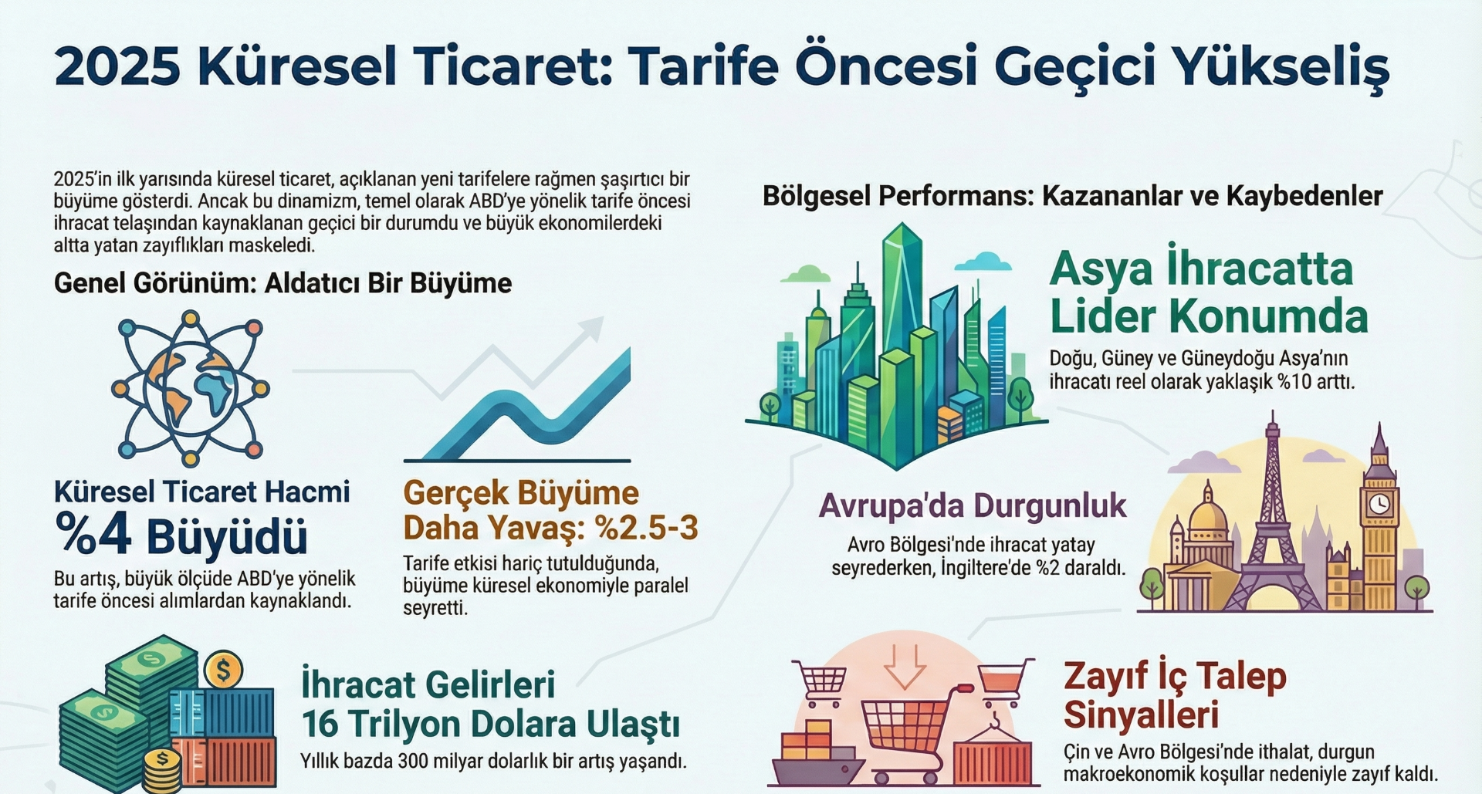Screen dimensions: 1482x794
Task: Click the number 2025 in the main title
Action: tap(117, 66)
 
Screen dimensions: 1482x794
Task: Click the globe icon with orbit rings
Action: tap(190, 388)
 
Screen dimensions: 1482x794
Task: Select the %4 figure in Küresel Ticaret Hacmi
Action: tap(93, 536)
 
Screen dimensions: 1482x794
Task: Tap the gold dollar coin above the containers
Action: tap(224, 670)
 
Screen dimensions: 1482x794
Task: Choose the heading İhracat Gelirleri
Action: tap(428, 684)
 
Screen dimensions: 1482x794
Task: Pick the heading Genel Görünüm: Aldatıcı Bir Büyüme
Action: tap(283, 283)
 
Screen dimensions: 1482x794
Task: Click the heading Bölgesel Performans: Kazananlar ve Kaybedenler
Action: tap(1072, 196)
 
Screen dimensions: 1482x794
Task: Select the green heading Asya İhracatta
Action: tap(1202, 269)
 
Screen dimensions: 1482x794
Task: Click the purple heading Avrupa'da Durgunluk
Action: tap(973, 506)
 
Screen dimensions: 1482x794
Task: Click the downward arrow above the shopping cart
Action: tap(905, 666)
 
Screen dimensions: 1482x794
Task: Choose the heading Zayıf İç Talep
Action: tap(1175, 677)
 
